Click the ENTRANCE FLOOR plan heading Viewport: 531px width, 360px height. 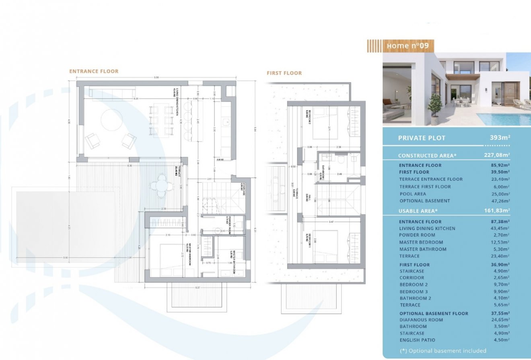94,71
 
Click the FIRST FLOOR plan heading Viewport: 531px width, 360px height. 284,73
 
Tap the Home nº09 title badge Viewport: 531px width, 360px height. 407,46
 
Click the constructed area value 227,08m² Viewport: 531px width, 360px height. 497,155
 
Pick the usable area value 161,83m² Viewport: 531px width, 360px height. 497,210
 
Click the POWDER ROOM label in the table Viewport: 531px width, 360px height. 418,235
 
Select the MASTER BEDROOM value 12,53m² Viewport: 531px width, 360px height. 500,242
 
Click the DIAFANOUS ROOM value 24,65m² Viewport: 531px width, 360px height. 500,320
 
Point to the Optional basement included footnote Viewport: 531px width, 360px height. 443,351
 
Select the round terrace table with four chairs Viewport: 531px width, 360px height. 161,185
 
